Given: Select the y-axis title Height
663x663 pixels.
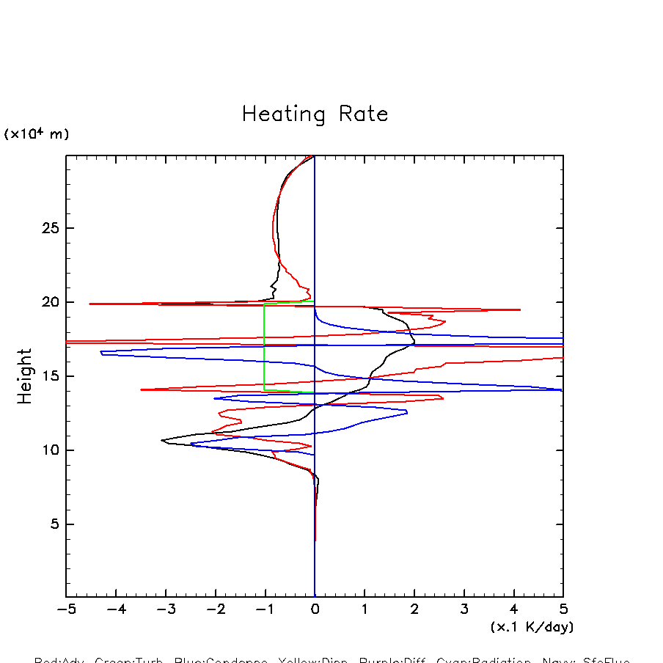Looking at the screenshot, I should [x=26, y=376].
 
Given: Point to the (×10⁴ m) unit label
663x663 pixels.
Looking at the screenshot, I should [x=37, y=134].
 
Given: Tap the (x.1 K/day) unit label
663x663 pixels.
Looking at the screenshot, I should [x=532, y=627].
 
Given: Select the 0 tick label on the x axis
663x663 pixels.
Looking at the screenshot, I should [x=315, y=609].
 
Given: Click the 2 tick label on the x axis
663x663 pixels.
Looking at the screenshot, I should [x=414, y=609].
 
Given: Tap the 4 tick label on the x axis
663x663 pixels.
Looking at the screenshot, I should [x=513, y=609].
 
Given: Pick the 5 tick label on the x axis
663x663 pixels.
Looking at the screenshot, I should [x=563, y=609].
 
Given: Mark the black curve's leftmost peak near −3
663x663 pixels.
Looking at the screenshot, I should [x=162, y=440].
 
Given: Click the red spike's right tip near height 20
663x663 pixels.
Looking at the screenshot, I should [x=519, y=309].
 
